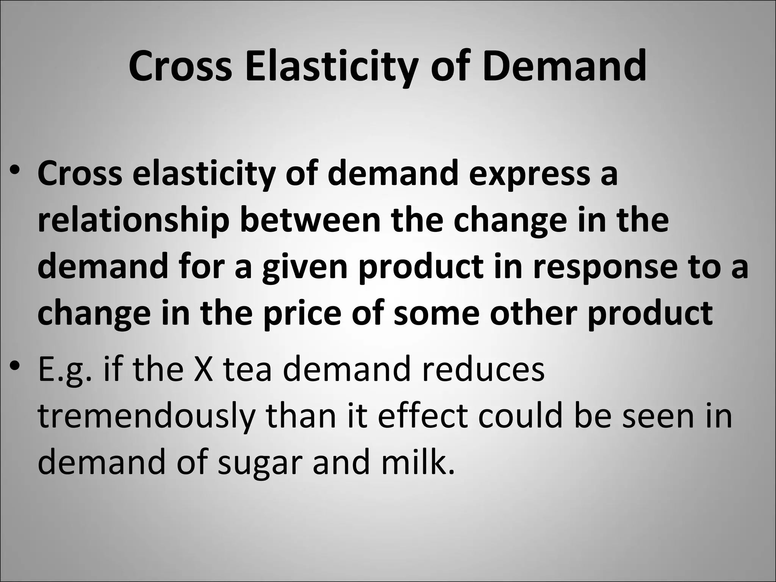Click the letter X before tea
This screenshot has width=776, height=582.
pos(203,369)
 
